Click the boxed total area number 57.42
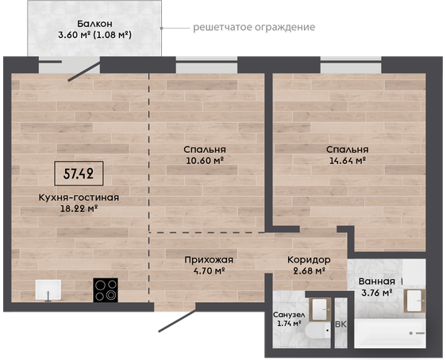point(79,174)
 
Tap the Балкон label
point(94,23)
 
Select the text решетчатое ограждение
point(254,27)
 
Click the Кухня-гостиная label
point(79,197)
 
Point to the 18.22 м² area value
point(79,209)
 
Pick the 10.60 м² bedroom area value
point(205,160)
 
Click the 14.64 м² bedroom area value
point(348,160)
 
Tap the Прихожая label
point(209,260)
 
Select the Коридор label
point(309,260)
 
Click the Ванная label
point(377,281)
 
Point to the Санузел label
point(289,315)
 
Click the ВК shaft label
point(340,324)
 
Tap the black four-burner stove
point(106,289)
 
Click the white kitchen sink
point(48,289)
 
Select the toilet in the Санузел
point(317,331)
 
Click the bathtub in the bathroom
point(390,333)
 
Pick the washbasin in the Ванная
point(414,301)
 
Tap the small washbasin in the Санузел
point(320,309)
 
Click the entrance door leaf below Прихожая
point(177,321)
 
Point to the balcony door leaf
point(84,71)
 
